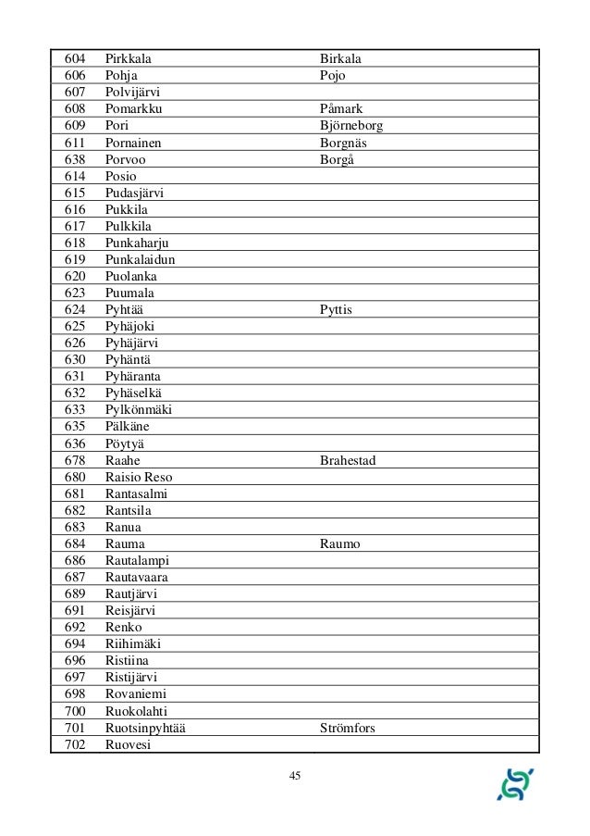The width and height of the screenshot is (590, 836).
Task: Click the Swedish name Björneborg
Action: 350,126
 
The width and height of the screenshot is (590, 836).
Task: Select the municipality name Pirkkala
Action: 128,59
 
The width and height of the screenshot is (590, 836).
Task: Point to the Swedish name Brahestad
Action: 348,460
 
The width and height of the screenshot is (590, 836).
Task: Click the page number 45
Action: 295,776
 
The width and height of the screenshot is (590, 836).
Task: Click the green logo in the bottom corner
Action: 515,783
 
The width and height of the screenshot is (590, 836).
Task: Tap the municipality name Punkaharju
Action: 137,243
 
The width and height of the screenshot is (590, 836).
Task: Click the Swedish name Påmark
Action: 341,109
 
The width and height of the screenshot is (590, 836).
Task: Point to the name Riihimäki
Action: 135,643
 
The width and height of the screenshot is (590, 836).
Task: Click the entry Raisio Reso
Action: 139,477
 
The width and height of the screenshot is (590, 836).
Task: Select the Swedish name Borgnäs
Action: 345,143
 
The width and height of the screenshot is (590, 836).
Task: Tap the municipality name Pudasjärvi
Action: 136,193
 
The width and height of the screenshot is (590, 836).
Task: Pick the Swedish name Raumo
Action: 340,543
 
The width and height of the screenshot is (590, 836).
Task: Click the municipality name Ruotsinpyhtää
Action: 145,728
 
